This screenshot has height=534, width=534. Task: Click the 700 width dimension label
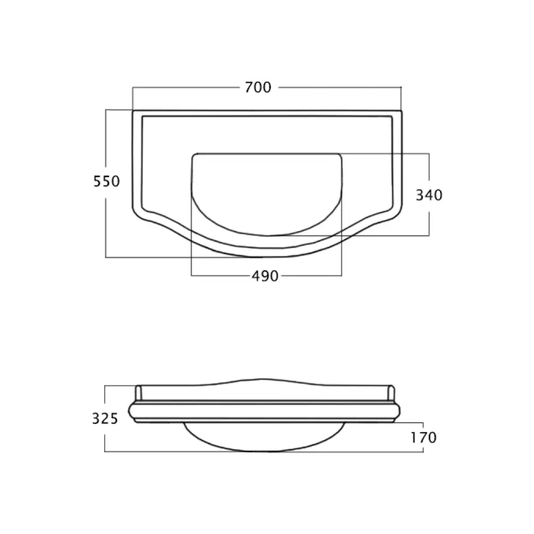pyautogui.click(x=258, y=88)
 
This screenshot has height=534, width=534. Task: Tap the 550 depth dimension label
pyautogui.click(x=107, y=181)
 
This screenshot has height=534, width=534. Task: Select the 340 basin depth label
pyautogui.click(x=429, y=195)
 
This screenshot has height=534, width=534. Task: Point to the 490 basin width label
pyautogui.click(x=265, y=276)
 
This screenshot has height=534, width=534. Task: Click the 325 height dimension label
pyautogui.click(x=105, y=419)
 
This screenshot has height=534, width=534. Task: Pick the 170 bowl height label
pyautogui.click(x=423, y=438)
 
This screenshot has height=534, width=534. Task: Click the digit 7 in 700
pyautogui.click(x=249, y=88)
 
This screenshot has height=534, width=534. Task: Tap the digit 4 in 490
pyautogui.click(x=256, y=276)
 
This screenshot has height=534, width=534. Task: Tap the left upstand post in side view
pyautogui.click(x=138, y=393)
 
